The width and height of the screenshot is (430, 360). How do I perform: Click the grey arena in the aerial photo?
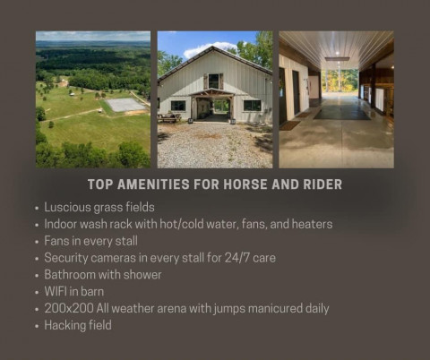pos(125,105)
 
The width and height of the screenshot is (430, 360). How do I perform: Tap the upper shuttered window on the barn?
pos(213,81)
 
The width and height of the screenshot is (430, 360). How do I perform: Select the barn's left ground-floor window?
pos(178,106)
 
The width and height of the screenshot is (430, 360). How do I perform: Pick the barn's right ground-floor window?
pos(253,105)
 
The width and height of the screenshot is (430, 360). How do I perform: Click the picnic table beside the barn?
pos(169,117)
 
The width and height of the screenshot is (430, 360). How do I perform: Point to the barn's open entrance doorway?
pos(213,108)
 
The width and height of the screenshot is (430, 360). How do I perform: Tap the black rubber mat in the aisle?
pos(342,114)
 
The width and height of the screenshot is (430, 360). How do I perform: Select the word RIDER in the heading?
pos(322,184)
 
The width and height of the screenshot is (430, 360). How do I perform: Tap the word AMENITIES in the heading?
pos(153,184)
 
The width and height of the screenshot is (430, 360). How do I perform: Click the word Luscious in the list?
pos(67,207)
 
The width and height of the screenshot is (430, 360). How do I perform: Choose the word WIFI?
pos(56,291)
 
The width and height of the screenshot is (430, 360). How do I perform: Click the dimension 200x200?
pos(69,308)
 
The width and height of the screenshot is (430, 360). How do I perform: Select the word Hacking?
pos(61,325)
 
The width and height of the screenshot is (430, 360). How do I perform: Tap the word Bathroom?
pos(70,275)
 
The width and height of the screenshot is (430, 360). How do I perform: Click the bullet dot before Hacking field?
pos(37,326)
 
